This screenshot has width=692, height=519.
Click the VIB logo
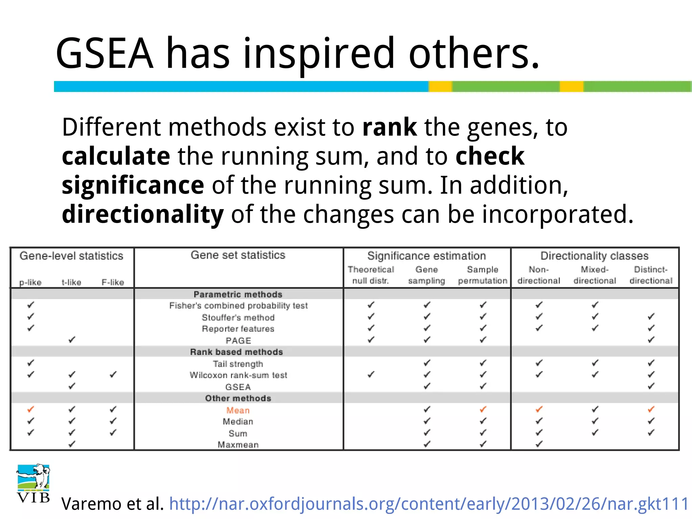coord(33,483)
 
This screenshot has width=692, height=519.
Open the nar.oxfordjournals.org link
coord(428,504)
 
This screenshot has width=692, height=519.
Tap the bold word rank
coord(389,127)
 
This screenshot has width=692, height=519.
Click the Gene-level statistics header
coord(71,256)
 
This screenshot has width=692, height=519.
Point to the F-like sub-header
coord(113,282)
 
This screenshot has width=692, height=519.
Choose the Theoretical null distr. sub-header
coord(371,275)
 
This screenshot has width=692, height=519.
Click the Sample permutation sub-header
coord(483,275)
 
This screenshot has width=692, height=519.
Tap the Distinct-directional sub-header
coord(651,275)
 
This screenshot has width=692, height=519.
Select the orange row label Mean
coord(238,410)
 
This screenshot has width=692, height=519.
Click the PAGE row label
coord(238,341)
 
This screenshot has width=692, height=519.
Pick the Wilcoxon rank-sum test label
coord(238,375)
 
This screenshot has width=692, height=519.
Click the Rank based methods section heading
coord(237,352)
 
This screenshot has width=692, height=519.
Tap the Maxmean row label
coord(238,445)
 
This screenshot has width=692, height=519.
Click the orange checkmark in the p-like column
coord(31,410)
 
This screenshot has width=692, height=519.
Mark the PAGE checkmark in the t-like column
coord(72,340)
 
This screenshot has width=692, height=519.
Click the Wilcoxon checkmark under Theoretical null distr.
coord(371,374)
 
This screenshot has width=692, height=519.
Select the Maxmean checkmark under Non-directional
coord(539,444)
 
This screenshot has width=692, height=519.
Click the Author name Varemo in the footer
coord(89,504)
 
